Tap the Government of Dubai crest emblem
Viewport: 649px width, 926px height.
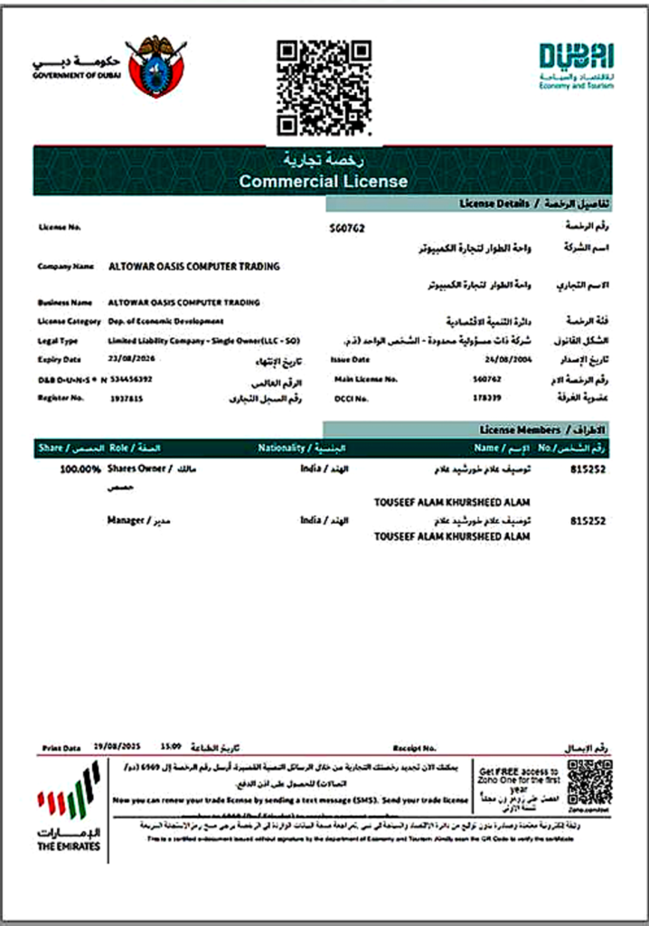tap(157, 65)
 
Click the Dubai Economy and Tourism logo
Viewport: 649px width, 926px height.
tap(576, 66)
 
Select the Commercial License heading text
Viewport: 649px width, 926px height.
tap(323, 181)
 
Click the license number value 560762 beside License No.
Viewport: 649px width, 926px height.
tap(347, 229)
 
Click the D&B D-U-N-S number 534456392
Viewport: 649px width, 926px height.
tap(131, 379)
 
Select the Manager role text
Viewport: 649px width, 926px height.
tap(126, 521)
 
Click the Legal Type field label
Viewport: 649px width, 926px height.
tap(58, 341)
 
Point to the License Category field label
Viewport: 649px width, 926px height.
tap(68, 321)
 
